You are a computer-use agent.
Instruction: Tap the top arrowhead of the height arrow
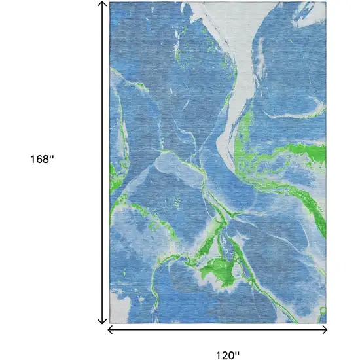click(102, 4)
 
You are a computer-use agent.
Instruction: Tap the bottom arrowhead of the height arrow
click(102, 321)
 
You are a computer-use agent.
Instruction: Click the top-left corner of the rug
click(110, 3)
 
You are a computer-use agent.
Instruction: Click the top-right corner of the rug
click(325, 3)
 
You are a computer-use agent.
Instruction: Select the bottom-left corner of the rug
click(110, 323)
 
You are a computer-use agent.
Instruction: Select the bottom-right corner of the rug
click(325, 323)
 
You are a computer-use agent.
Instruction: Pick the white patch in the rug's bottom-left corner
click(121, 308)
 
